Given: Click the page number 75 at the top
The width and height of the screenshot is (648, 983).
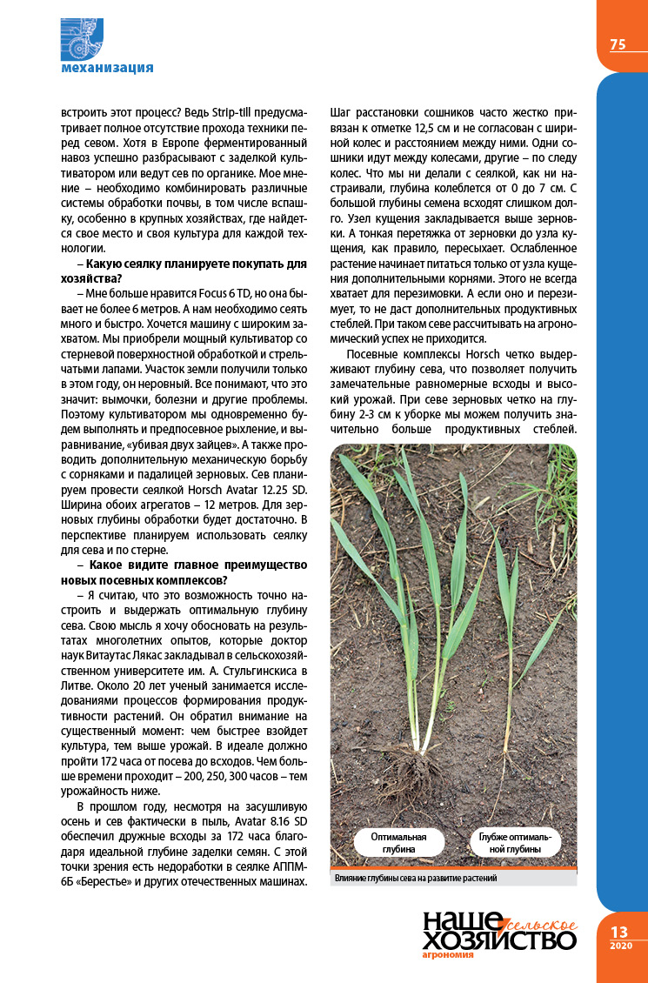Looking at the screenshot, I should (x=618, y=44).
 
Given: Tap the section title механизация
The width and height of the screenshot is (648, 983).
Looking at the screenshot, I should (x=107, y=68).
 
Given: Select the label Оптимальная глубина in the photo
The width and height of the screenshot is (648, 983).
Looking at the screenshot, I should (x=398, y=841).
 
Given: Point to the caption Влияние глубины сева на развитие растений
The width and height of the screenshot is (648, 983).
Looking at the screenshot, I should (x=415, y=879).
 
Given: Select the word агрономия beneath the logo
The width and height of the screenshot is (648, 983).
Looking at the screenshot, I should (x=447, y=954).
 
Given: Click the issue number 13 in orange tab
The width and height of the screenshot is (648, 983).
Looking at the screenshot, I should (x=619, y=932).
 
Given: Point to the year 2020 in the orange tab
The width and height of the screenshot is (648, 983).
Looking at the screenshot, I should (x=620, y=946).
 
